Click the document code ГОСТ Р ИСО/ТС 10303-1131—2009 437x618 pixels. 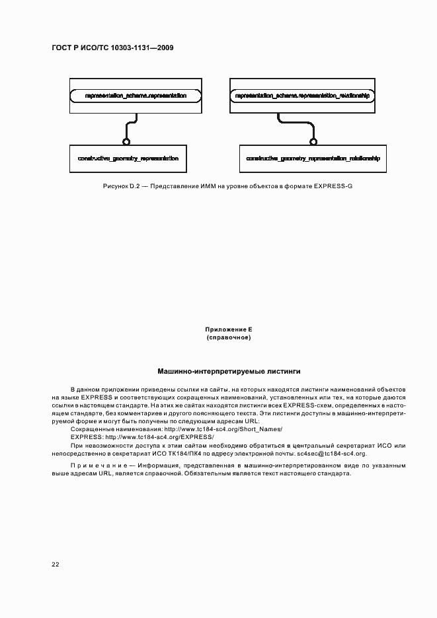coord(112,49)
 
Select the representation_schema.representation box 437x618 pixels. coord(136,96)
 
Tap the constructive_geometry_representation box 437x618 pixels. coord(128,159)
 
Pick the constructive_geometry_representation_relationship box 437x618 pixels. coord(313,159)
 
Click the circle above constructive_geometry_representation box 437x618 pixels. coord(126,141)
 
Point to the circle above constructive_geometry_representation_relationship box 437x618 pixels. coord(313,141)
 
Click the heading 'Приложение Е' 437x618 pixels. coord(229,329)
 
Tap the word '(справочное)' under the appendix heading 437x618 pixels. coord(229,337)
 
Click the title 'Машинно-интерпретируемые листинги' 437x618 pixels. coord(229,372)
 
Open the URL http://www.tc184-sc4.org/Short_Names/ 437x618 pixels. coord(227,429)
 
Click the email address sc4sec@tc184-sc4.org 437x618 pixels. coord(331,454)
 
